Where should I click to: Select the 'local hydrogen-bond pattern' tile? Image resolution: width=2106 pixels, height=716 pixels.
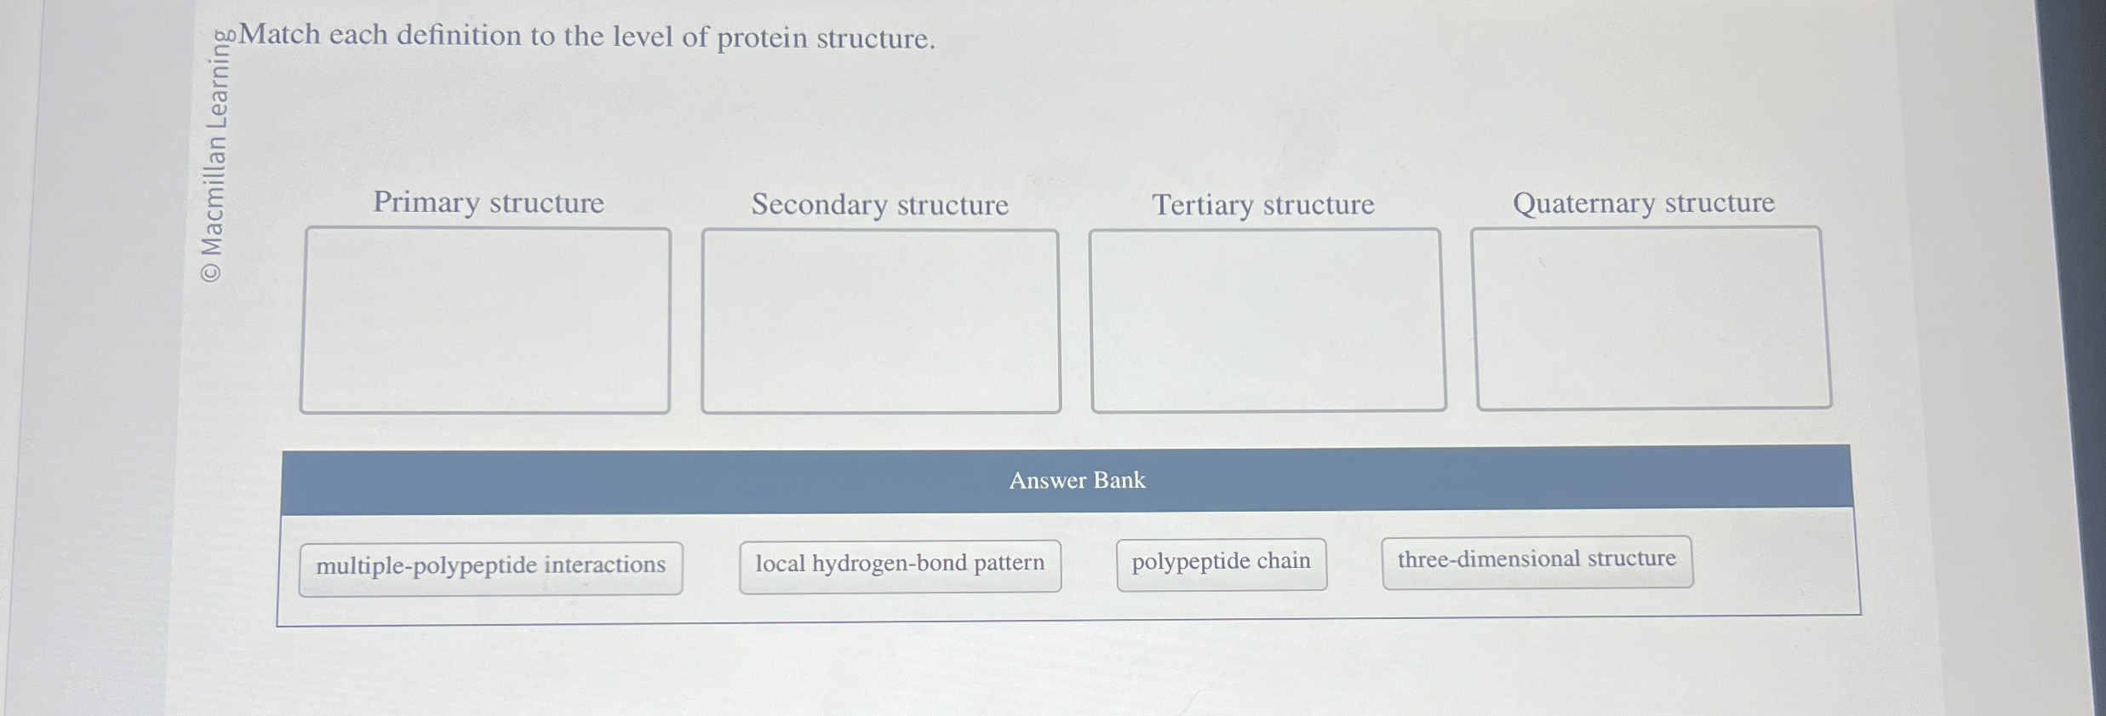coord(900,564)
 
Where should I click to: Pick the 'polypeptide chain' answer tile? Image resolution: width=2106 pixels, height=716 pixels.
coord(1221,563)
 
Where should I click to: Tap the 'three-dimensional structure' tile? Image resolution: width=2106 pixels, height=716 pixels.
coord(1537,560)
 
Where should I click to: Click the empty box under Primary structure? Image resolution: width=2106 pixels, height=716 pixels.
coord(485,320)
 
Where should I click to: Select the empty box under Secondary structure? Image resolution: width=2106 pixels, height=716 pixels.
coord(880,321)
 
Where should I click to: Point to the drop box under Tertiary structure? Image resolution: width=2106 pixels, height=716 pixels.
coord(1267,320)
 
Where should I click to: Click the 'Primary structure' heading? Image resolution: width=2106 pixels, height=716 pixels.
coord(489,203)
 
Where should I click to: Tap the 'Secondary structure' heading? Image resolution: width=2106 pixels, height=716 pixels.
coord(879,205)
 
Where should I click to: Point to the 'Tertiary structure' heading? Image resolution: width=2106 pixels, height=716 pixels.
coord(1263,205)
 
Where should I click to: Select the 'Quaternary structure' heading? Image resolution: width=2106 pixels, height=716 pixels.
coord(1643,203)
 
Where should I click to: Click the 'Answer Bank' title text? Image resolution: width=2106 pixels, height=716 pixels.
coord(1077,481)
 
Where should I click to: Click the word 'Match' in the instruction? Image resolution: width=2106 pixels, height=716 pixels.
coord(280,35)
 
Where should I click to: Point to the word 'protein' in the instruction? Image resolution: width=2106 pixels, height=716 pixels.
coord(761,38)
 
